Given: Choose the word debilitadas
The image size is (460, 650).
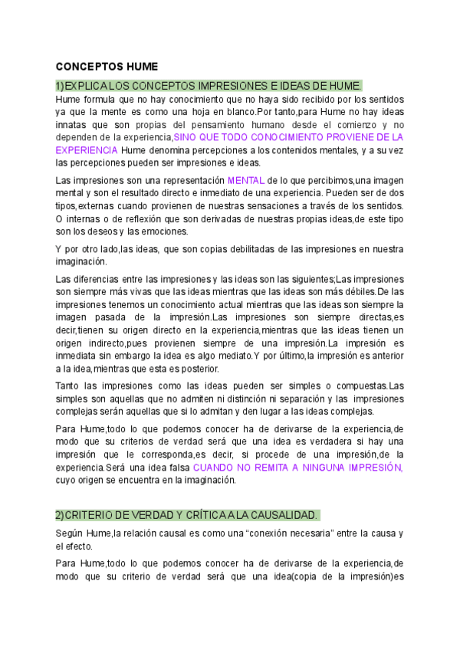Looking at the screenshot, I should [251, 249].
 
